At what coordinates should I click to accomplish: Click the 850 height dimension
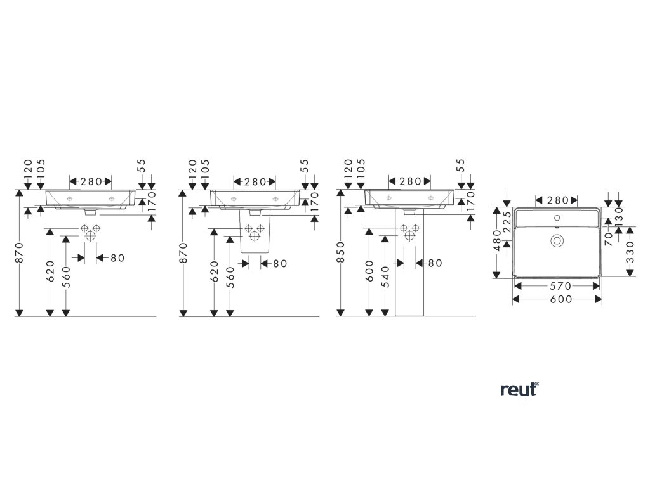(x=341, y=253)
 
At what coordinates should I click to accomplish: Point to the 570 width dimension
(x=558, y=286)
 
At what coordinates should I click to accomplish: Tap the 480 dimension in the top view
(x=498, y=241)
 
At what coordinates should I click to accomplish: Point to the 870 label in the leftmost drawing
(x=21, y=253)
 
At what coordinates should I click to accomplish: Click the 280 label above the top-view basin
(x=558, y=201)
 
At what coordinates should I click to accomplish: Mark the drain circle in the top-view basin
(x=557, y=241)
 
